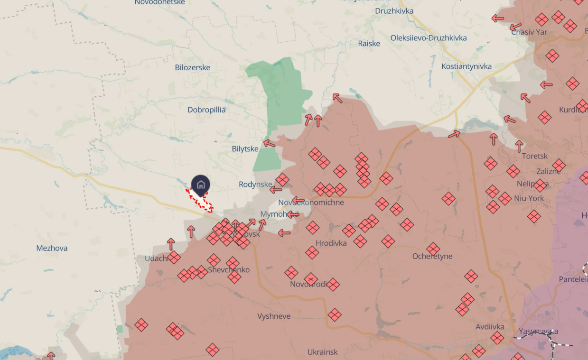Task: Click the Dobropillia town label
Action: [206, 110]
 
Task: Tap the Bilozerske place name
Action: [192, 67]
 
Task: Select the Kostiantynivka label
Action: [467, 66]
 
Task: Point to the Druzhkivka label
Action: [394, 11]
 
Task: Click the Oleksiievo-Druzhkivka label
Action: [429, 37]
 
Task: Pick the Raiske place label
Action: [369, 43]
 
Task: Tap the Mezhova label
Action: [52, 248]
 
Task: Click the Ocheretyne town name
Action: [432, 256]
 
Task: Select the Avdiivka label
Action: [490, 327]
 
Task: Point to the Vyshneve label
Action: [274, 316]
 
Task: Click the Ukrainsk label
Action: [322, 352]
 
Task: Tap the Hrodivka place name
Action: [331, 243]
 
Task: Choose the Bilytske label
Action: [245, 148]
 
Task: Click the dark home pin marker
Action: [200, 185]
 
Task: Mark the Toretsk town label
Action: [534, 156]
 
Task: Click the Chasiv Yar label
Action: [529, 32]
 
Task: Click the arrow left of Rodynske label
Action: [276, 190]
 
